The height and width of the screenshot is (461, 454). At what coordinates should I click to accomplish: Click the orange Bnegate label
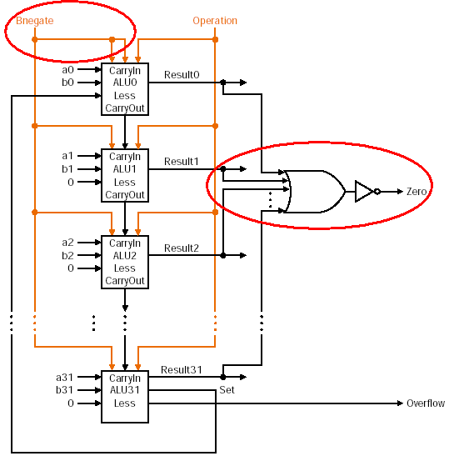35,21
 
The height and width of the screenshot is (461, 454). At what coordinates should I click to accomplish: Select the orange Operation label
215,21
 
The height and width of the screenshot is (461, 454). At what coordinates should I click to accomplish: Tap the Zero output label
417,192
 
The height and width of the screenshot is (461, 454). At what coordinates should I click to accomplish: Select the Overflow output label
426,403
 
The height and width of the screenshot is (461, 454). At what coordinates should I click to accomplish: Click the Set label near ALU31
227,390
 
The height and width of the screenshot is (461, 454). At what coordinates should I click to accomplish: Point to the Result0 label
182,75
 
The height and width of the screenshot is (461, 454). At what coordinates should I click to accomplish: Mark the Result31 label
182,370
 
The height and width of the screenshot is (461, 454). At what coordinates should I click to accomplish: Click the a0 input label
67,70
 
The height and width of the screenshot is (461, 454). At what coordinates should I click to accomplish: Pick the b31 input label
64,390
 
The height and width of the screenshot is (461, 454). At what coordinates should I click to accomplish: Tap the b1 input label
67,169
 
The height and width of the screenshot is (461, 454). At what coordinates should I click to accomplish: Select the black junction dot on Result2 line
223,255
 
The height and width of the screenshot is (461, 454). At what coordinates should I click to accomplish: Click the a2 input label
67,243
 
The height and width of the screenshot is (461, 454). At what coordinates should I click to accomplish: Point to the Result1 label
182,162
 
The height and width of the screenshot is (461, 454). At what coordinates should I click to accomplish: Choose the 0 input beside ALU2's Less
71,268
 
